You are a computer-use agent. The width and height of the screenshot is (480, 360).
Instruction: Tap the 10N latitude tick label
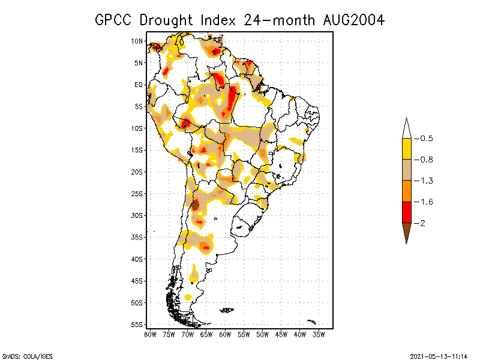click(137, 41)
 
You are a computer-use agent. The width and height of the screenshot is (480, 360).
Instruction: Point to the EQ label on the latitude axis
click(139, 85)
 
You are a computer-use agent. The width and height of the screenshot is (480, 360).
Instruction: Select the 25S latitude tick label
click(137, 194)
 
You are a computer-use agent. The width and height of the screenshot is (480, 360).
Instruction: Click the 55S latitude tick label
click(137, 325)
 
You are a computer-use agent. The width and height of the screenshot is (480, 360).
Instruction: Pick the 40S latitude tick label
click(137, 259)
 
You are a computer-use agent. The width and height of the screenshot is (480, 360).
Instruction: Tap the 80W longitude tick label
click(150, 334)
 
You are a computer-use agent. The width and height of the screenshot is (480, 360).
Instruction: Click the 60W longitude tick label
click(225, 334)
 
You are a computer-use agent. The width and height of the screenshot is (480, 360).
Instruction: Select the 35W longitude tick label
click(319, 334)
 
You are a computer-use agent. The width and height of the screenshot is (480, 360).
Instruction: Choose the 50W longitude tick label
click(263, 334)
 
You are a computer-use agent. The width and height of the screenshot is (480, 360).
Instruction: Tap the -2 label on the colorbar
click(422, 223)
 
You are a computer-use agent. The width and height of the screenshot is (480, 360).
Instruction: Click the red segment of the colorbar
click(406, 212)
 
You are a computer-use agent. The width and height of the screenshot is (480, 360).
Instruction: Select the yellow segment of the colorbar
click(406, 149)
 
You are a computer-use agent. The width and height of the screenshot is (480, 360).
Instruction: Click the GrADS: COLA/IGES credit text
click(22, 355)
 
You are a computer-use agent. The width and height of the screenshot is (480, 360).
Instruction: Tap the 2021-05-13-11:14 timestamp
click(438, 355)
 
